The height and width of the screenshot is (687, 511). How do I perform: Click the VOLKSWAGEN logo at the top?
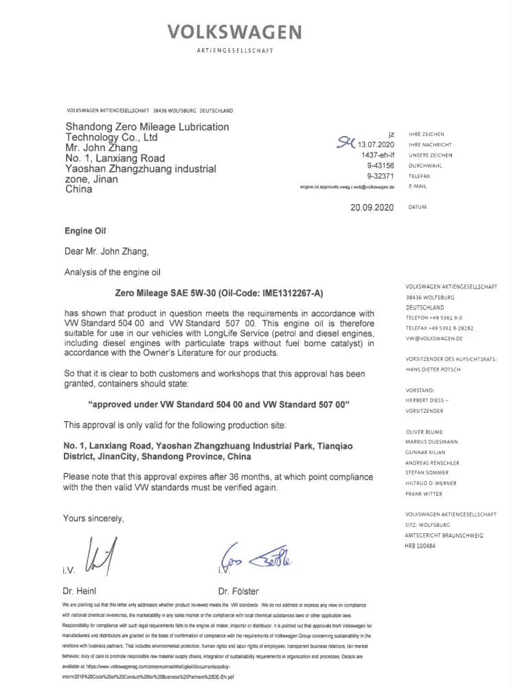(x=235, y=32)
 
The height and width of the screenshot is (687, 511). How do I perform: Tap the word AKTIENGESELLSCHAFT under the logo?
(x=235, y=52)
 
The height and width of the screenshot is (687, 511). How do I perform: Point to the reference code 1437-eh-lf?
(x=376, y=155)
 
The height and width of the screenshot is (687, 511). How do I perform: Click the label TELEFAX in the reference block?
(x=420, y=176)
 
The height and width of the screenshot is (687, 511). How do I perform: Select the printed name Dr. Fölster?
(x=239, y=590)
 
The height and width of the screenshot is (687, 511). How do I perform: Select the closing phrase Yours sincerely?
(x=94, y=518)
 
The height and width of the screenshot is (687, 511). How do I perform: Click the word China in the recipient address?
(x=78, y=189)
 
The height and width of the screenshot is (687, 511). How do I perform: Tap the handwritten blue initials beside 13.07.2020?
(x=344, y=142)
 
